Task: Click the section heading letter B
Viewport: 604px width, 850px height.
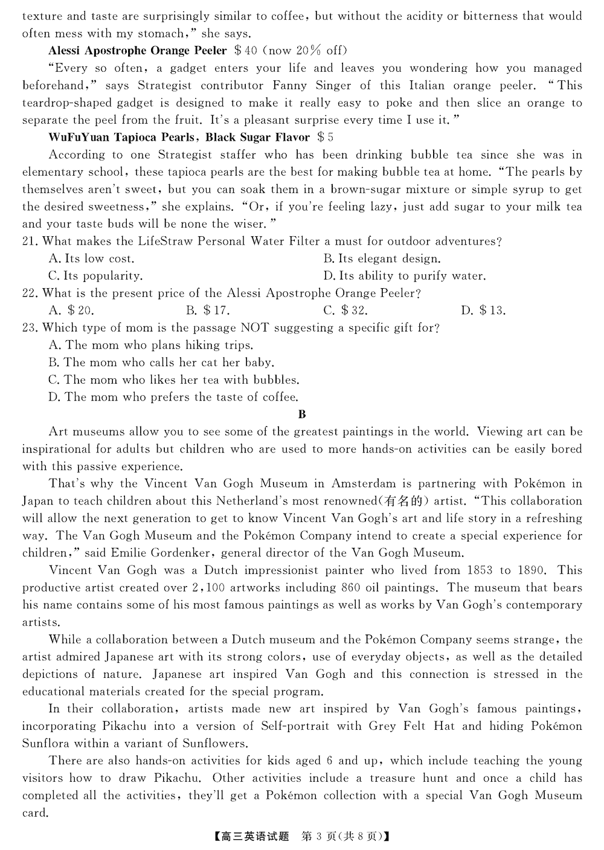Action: pyautogui.click(x=302, y=414)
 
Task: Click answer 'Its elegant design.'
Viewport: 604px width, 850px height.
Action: pyautogui.click(x=382, y=259)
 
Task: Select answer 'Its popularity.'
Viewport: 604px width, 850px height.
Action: pyautogui.click(x=95, y=276)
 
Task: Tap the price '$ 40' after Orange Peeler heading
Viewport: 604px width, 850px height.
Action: pyautogui.click(x=246, y=51)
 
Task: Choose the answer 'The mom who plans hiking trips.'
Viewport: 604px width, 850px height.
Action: pyautogui.click(x=150, y=346)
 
